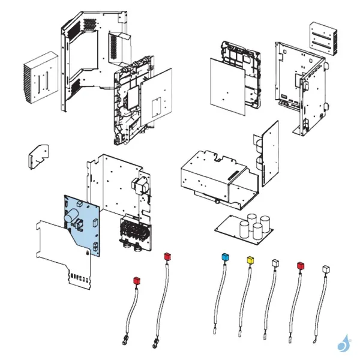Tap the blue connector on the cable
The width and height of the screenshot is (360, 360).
point(226,257)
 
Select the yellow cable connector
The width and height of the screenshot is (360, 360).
point(250,260)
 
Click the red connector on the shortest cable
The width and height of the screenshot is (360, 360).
point(136,280)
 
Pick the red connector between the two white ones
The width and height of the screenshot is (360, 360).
point(300,265)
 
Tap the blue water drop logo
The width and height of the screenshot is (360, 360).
point(343,343)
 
